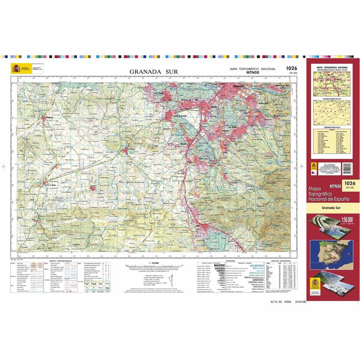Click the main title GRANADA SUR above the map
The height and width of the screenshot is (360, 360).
154,72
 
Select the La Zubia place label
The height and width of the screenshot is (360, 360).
232,127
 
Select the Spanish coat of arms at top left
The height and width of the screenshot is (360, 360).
16,68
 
